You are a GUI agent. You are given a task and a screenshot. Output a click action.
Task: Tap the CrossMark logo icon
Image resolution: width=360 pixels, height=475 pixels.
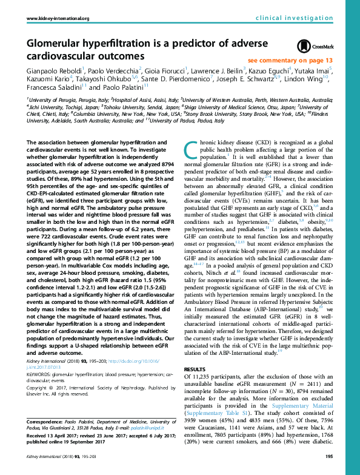(311, 47)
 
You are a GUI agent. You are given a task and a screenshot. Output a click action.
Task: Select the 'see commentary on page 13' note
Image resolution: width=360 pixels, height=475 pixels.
(290, 61)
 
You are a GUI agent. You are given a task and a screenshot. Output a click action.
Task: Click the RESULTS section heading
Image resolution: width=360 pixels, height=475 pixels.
(195, 369)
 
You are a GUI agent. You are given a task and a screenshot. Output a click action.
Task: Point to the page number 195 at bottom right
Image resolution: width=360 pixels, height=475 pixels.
(329, 457)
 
